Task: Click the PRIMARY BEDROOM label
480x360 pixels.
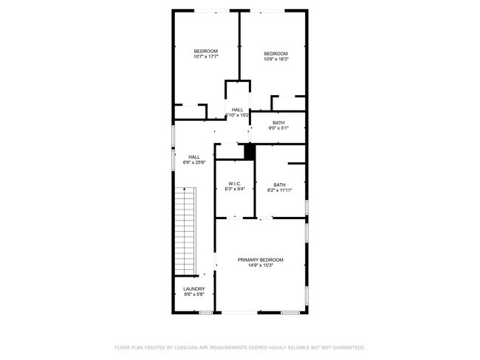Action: [x=260, y=260]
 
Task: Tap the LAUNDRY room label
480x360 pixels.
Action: [x=194, y=288]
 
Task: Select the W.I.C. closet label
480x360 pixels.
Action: [x=235, y=184]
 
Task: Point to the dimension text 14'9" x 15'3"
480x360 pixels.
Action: [x=260, y=266]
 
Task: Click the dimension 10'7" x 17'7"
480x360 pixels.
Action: [x=205, y=57]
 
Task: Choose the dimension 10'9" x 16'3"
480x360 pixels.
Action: [x=275, y=59]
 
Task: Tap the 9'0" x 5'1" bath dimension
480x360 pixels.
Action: [x=278, y=128]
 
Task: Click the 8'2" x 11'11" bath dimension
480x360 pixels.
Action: [x=279, y=190]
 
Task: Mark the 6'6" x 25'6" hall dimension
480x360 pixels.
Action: [x=193, y=162]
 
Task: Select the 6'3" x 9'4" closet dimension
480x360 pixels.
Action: [x=235, y=190]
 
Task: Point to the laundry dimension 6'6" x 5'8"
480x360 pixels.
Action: [x=194, y=294]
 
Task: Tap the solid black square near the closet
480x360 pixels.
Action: [x=250, y=151]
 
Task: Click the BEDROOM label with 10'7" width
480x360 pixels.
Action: [x=205, y=51]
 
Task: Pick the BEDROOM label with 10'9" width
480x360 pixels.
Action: [x=275, y=53]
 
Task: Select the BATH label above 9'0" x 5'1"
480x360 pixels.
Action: [x=278, y=122]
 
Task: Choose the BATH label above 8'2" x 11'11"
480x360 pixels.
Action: [x=279, y=184]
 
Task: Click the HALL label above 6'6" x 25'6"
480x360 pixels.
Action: [x=193, y=156]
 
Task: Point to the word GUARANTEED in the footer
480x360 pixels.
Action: [x=347, y=347]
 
